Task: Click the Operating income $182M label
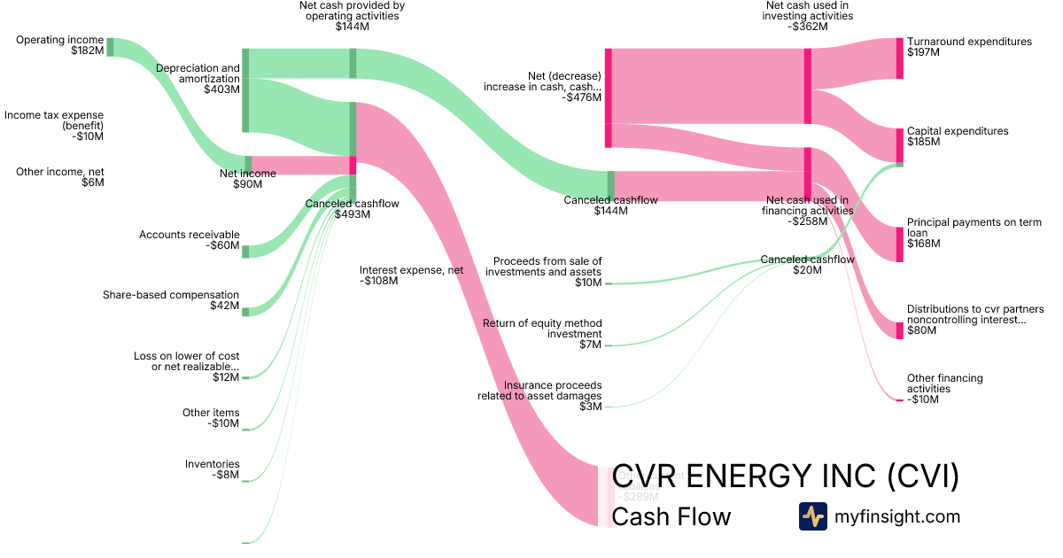tap(59, 46)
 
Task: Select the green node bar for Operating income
tap(110, 47)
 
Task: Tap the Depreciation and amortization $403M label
tap(198, 79)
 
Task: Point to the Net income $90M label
tap(247, 179)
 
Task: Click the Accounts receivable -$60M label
tap(189, 240)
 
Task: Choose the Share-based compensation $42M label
tap(171, 300)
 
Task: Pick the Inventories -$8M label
tap(212, 469)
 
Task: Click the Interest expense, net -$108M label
tap(411, 275)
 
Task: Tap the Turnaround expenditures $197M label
tap(969, 47)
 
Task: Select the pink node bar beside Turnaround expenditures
tap(899, 58)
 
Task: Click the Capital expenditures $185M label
tap(957, 136)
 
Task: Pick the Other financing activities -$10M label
tap(944, 389)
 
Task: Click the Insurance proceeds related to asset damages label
tap(539, 396)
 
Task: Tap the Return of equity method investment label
tap(541, 334)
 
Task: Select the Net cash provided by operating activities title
tap(352, 16)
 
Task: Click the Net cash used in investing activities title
tap(809, 16)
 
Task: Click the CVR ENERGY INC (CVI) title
tap(786, 476)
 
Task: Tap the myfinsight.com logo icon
tap(812, 516)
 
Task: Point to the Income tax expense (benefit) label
tap(54, 126)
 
